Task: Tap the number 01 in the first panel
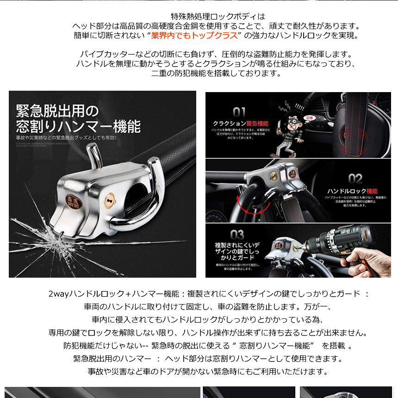tap(239, 112)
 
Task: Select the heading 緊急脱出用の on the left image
tap(56, 111)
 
